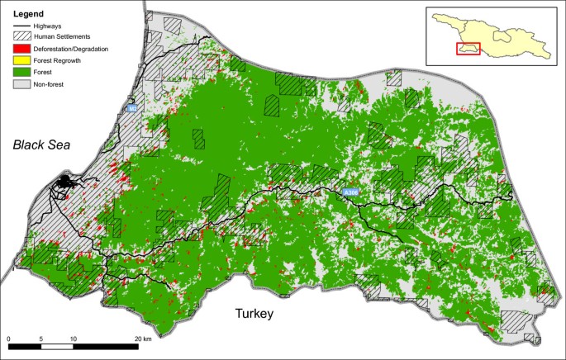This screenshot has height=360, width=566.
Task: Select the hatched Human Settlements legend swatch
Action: pyautogui.click(x=25, y=37)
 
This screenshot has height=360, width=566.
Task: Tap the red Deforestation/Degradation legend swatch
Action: pyautogui.click(x=25, y=48)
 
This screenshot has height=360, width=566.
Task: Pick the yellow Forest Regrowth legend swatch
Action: pyautogui.click(x=25, y=59)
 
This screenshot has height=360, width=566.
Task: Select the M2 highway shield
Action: pyautogui.click(x=132, y=108)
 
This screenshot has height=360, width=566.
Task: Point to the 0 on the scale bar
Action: pyautogui.click(x=8, y=339)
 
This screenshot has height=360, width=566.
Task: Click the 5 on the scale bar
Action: pyautogui.click(x=40, y=339)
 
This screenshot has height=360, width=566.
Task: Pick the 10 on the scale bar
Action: pyautogui.click(x=73, y=339)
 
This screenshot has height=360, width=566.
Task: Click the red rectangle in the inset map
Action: pyautogui.click(x=468, y=50)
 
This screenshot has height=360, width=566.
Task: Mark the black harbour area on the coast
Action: pyautogui.click(x=64, y=183)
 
